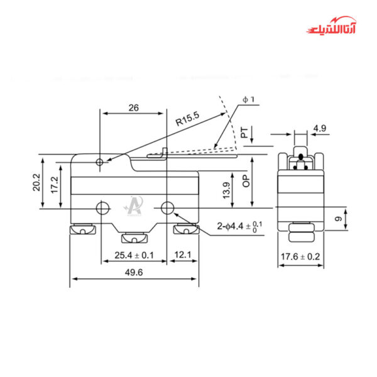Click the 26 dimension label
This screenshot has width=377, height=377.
[x=133, y=107]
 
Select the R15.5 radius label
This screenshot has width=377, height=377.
[x=187, y=119]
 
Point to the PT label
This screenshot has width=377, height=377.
[x=244, y=133]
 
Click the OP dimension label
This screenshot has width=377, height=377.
[x=246, y=182]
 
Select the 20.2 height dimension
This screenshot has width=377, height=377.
[x=37, y=182]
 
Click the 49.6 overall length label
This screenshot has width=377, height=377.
[x=133, y=272]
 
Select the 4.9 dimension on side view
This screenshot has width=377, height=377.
[x=319, y=129]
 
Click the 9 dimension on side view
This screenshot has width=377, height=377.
[x=338, y=219]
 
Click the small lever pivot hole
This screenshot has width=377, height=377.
[x=101, y=163]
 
